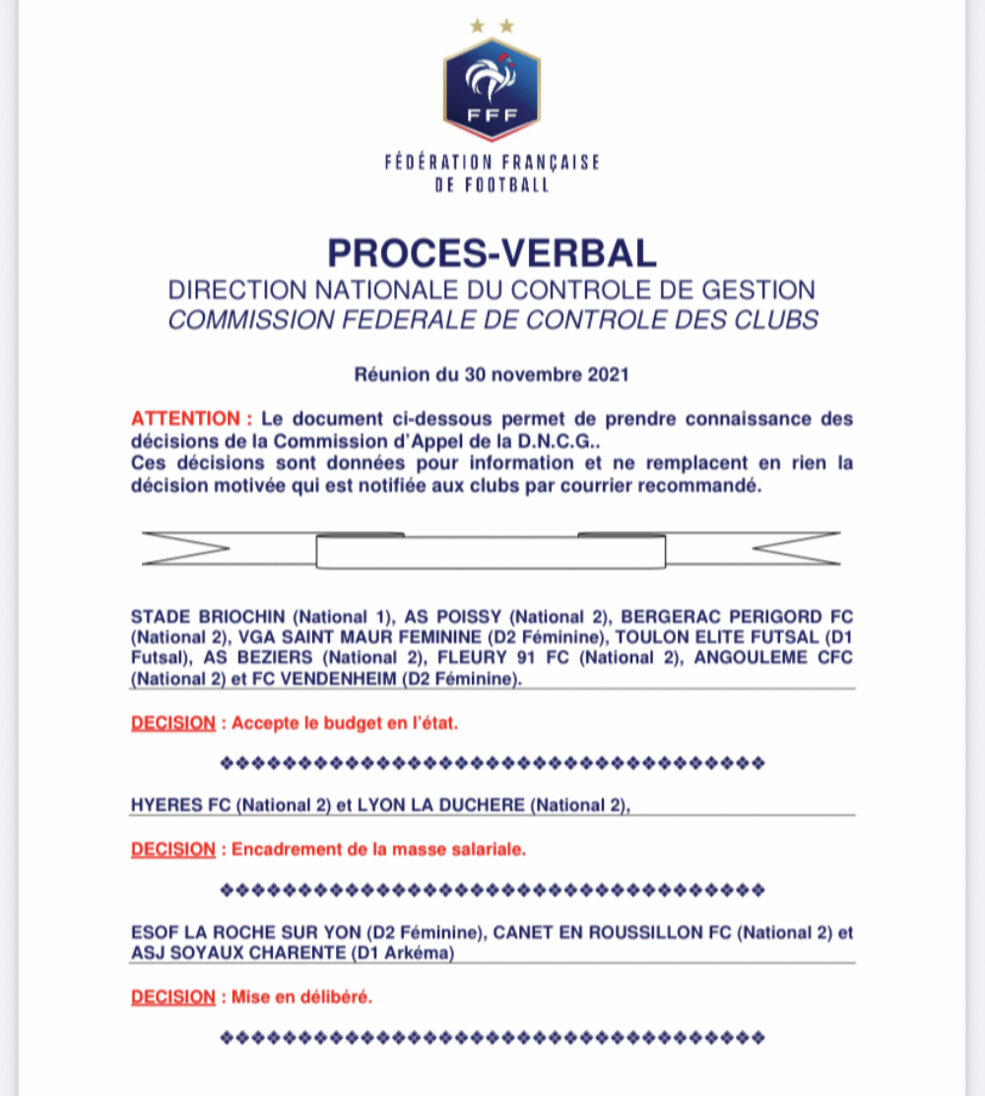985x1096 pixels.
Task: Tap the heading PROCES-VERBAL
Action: [492, 253]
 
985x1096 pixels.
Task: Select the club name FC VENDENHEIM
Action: [427, 678]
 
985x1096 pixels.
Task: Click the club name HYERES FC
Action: [180, 805]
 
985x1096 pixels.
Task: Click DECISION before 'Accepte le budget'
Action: [172, 722]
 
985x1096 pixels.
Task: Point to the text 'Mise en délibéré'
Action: [301, 996]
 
